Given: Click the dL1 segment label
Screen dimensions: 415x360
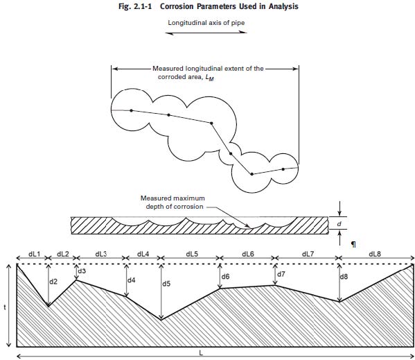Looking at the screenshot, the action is (x=34, y=254).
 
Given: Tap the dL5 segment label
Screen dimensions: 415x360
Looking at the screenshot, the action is (x=192, y=254).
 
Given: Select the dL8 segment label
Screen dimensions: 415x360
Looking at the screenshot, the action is (x=375, y=254).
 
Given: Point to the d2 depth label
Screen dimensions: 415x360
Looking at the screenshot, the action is (x=53, y=282).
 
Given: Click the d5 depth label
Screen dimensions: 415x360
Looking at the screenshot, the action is (x=166, y=284).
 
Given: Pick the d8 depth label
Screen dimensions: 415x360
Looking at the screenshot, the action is (x=344, y=277).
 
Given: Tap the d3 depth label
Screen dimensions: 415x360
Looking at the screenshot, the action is (x=82, y=271).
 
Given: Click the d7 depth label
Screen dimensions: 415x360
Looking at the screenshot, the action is (x=281, y=274).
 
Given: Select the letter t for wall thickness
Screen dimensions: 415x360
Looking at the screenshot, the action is (x=5, y=307).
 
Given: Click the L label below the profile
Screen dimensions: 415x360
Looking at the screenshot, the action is (x=201, y=353).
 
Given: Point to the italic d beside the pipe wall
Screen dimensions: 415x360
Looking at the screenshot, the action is (x=339, y=224).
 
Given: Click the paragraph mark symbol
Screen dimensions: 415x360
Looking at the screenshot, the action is (x=353, y=244).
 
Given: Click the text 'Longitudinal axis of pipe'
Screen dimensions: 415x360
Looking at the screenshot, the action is (x=206, y=22).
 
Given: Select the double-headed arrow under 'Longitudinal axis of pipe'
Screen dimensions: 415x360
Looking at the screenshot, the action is (x=206, y=33).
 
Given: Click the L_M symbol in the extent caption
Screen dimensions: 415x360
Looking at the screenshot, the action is (x=210, y=78).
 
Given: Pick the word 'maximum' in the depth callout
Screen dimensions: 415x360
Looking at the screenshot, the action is (x=191, y=198).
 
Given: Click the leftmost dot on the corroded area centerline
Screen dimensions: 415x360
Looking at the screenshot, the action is (x=131, y=110).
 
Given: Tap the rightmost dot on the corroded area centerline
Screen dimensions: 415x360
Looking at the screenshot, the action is (x=283, y=169).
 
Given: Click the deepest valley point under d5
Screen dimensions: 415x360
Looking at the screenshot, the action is (x=161, y=320).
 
